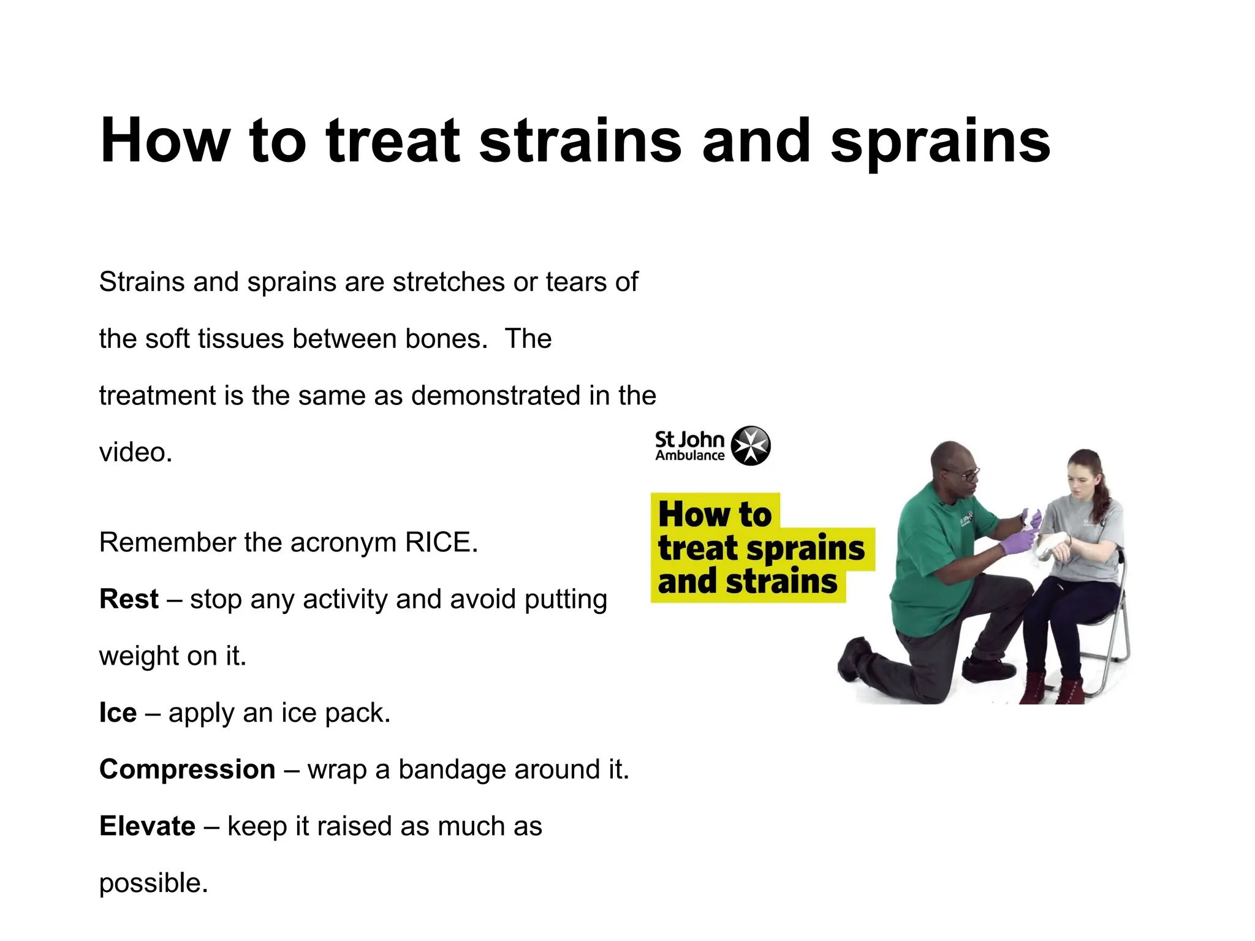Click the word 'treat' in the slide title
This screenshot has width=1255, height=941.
(x=393, y=142)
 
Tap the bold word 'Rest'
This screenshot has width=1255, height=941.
(x=129, y=599)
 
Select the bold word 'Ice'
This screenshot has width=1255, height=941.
(x=118, y=713)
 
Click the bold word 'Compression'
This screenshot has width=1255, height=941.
(x=187, y=769)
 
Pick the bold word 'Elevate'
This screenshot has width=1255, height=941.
(x=147, y=826)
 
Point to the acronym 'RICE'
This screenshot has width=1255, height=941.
(x=441, y=543)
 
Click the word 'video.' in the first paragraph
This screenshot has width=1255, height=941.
(x=135, y=453)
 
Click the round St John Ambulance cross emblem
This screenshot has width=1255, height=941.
(x=751, y=445)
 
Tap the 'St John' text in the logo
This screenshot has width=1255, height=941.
(x=689, y=439)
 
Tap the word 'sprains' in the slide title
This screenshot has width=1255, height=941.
(x=940, y=142)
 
